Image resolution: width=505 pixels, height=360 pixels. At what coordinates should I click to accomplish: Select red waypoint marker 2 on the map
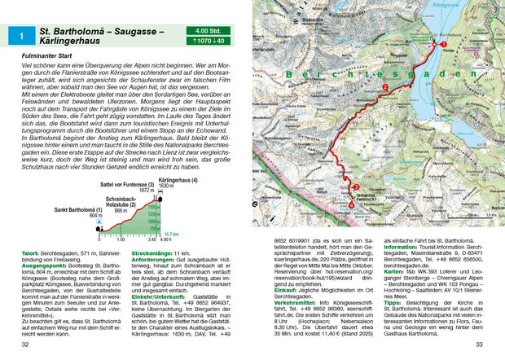pyautogui.click(x=384, y=86)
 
